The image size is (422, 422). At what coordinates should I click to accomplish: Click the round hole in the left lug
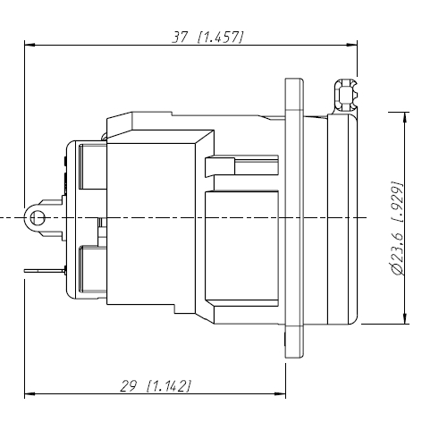[36, 218]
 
